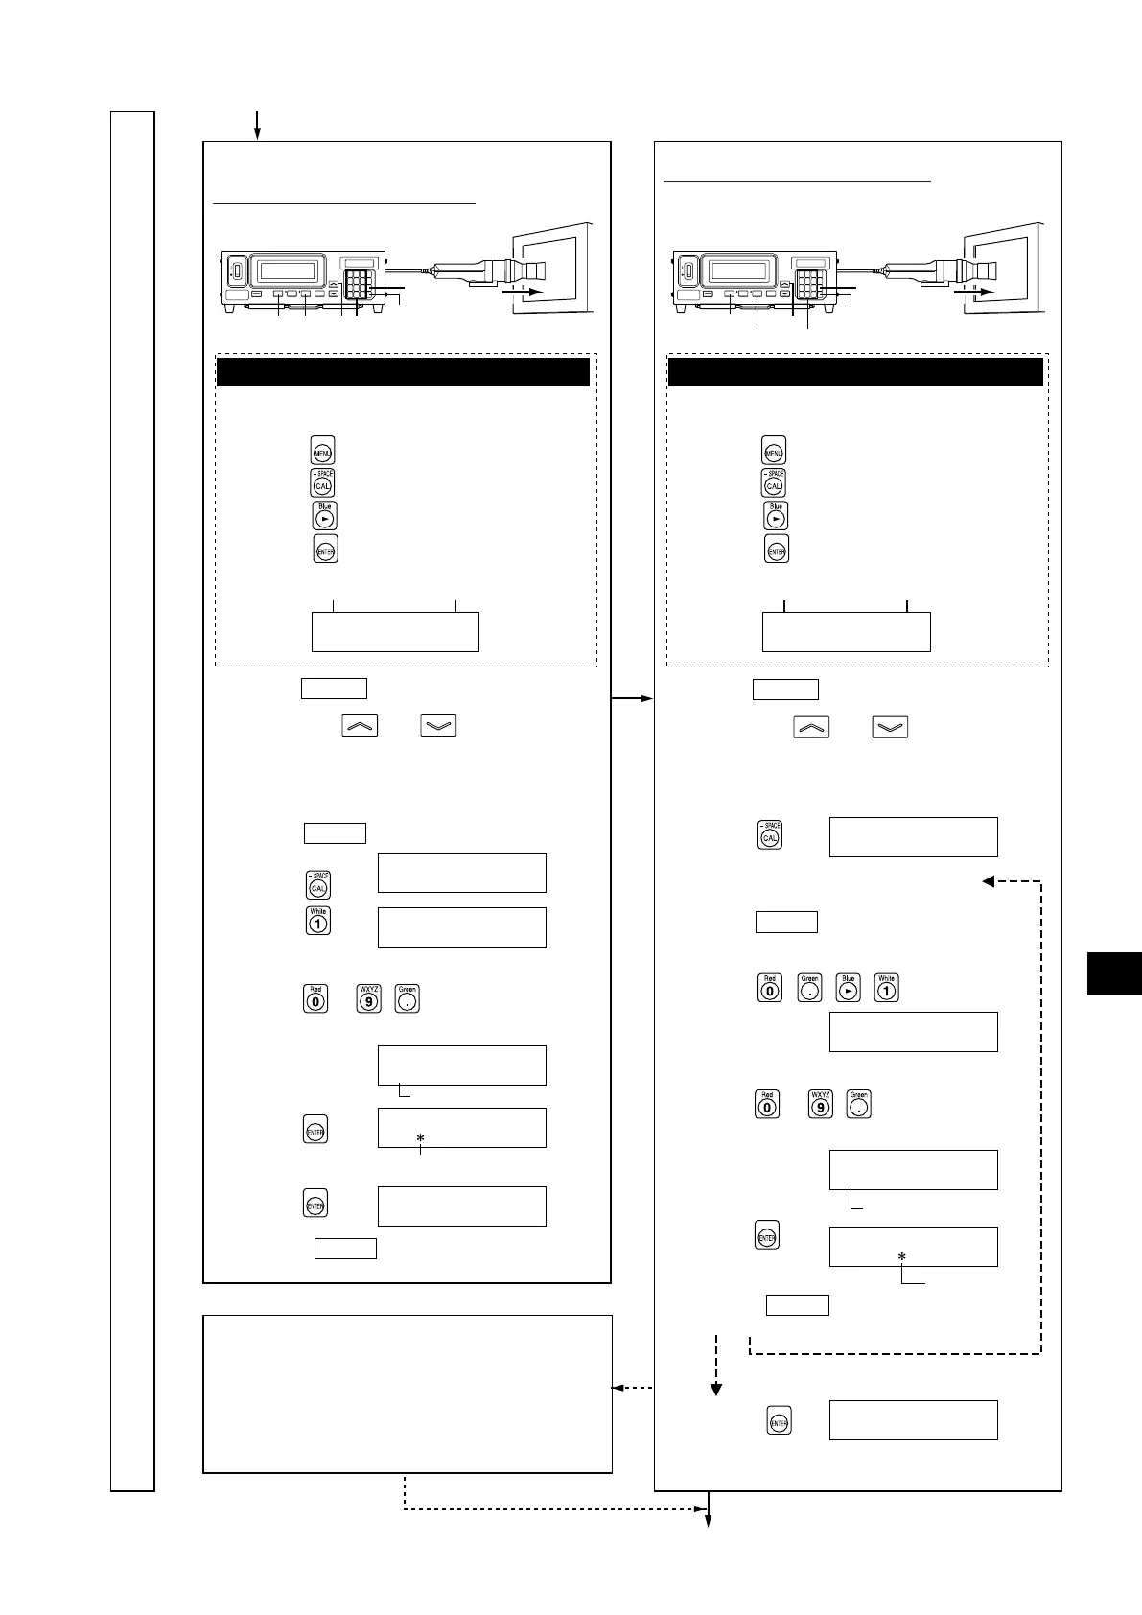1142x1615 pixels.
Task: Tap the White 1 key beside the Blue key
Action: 886,988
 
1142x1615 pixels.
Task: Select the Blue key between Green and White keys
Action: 848,988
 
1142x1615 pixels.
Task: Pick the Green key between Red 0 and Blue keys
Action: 810,988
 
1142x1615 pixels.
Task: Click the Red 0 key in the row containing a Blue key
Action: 769,988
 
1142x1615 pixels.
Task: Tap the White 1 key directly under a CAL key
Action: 318,922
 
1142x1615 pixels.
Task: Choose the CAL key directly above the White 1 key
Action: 318,885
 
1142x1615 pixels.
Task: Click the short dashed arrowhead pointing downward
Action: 715,1388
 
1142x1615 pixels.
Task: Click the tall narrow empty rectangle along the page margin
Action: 132,801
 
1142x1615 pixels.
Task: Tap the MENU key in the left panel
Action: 321,451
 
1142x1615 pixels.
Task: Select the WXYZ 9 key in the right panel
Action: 820,1105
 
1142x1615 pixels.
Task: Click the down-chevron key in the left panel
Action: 438,726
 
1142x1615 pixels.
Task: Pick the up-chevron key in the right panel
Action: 811,726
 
